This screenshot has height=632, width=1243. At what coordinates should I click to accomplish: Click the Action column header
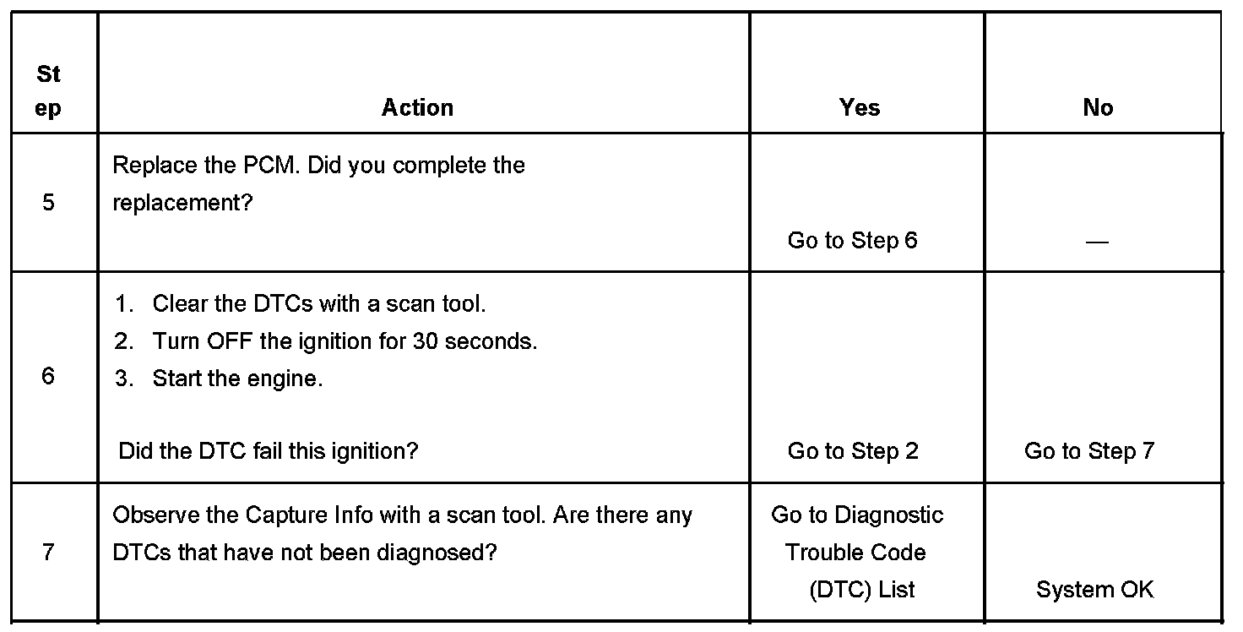click(417, 107)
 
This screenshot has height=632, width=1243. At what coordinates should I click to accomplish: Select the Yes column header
click(860, 107)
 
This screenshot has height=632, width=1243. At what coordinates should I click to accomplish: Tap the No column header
click(1098, 107)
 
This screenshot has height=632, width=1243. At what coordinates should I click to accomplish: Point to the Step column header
click(49, 91)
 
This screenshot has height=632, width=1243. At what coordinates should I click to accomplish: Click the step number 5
click(48, 203)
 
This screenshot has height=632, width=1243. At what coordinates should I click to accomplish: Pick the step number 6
click(48, 376)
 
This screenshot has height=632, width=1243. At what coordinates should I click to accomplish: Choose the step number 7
click(48, 553)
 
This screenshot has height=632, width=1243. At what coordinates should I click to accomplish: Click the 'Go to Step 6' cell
click(852, 241)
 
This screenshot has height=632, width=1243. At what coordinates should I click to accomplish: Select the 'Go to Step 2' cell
click(853, 451)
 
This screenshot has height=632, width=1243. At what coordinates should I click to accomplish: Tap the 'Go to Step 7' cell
click(1089, 451)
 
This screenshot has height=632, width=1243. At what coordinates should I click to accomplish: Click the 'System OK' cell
click(1094, 590)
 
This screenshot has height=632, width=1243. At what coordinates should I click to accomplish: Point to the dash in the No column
click(1097, 242)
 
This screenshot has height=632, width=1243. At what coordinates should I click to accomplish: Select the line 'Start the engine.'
click(237, 379)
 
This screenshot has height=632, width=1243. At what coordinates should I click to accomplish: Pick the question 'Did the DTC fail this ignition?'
click(269, 451)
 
